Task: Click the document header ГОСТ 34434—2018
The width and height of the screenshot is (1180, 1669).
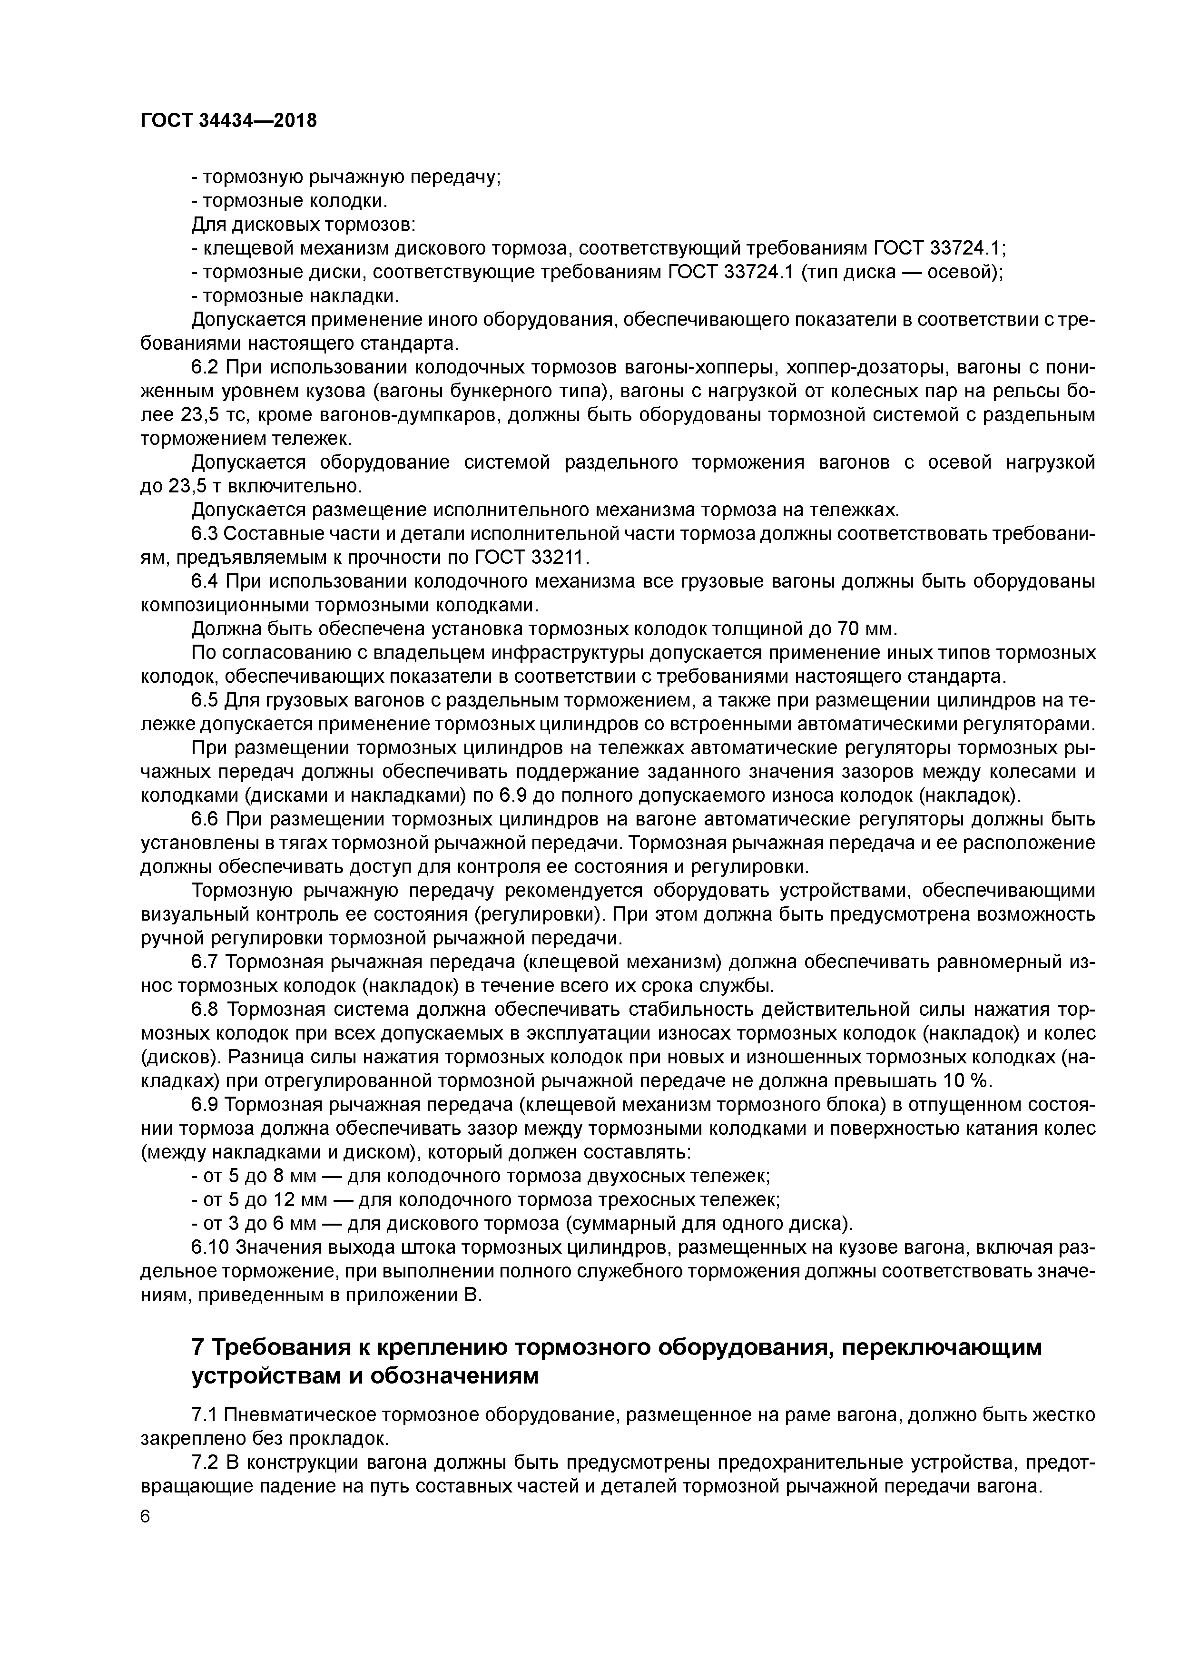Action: tap(228, 121)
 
